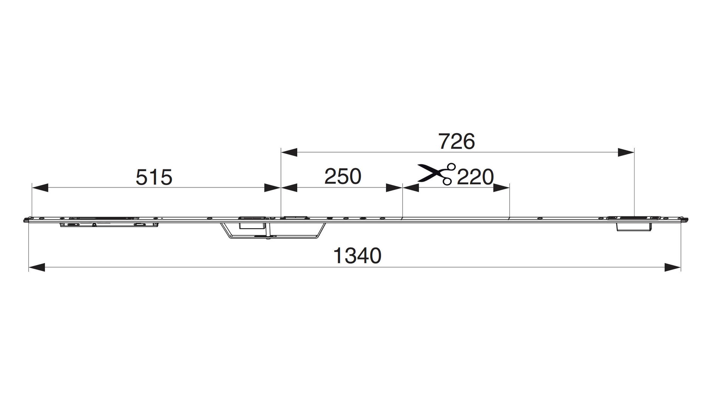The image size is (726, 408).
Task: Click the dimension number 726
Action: [x=456, y=142]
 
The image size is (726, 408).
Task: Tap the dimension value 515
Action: [x=154, y=177]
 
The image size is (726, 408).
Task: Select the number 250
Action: [x=343, y=176]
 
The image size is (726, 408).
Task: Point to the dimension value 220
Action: [x=475, y=177]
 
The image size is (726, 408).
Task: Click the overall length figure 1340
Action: [x=357, y=256]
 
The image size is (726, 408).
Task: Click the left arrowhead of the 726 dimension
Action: [x=289, y=153]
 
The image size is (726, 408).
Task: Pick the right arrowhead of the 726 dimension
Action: [x=626, y=153]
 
